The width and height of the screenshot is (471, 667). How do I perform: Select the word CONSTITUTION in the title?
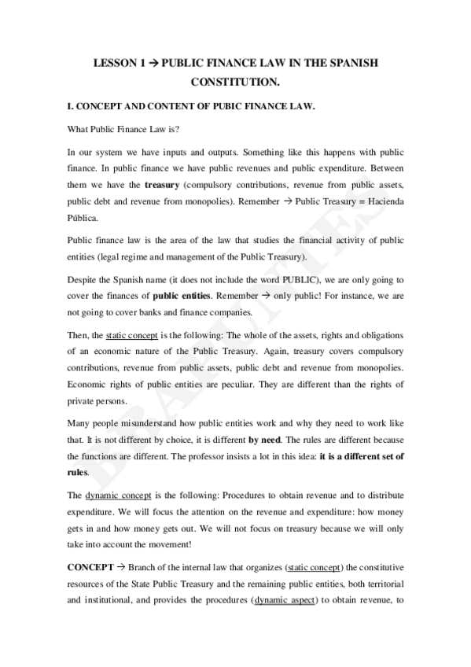click(x=235, y=81)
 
